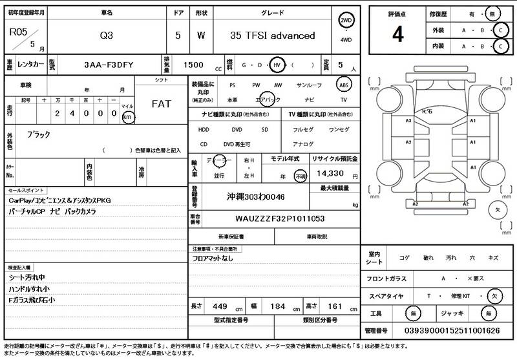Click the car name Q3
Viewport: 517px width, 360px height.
coord(105,36)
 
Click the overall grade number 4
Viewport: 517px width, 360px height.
coord(397,36)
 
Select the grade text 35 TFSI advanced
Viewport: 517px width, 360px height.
coord(272,36)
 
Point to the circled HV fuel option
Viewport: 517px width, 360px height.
coord(276,65)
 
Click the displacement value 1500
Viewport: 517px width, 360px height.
coord(195,65)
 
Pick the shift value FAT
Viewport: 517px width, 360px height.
coord(161,103)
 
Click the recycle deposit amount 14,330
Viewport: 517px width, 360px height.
coord(329,174)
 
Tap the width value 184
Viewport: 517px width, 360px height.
coord(277,306)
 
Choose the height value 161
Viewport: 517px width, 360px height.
coord(336,306)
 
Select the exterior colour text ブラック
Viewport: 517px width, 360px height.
coord(38,134)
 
